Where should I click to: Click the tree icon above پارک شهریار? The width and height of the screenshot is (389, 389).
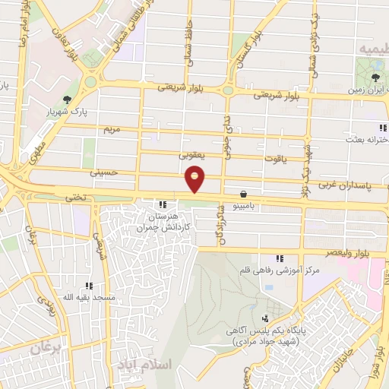pyautogui.click(x=68, y=99)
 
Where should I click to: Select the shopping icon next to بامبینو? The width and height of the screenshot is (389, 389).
pyautogui.click(x=243, y=194)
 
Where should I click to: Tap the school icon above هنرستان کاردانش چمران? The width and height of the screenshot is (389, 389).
pyautogui.click(x=162, y=204)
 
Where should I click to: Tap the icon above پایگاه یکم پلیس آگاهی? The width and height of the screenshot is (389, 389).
pyautogui.click(x=265, y=318)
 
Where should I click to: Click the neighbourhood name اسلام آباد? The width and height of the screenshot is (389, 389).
pyautogui.click(x=149, y=365)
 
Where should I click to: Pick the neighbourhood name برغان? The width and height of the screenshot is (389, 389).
pyautogui.click(x=46, y=348)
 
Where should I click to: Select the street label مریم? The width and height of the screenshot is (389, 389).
pyautogui.click(x=112, y=130)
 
